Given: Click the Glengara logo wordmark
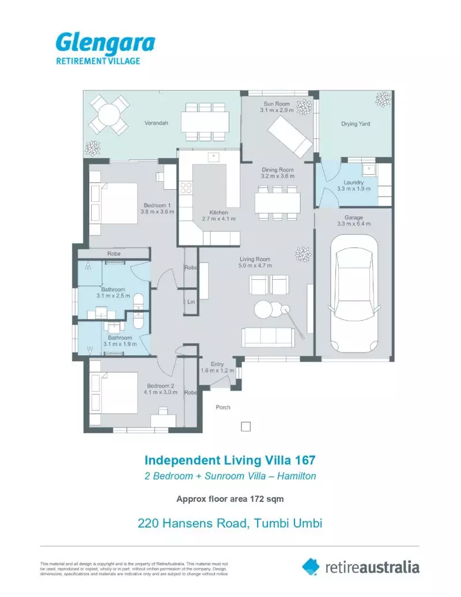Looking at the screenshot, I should [105, 43].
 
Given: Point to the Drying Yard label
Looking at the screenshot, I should [356, 123].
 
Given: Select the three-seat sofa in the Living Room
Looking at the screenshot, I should [267, 337].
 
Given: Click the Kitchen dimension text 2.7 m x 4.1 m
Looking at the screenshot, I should [218, 219].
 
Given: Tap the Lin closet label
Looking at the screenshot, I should [191, 302].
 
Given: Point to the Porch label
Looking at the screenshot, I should [223, 407].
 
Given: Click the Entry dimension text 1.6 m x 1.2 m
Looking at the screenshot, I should [217, 371].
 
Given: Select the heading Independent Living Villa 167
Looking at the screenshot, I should [230, 460].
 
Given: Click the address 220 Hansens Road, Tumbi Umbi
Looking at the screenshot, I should [229, 524].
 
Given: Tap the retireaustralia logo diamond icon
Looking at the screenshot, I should [311, 566].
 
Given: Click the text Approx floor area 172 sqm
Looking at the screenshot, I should [229, 499].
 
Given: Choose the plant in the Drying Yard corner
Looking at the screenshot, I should [383, 100].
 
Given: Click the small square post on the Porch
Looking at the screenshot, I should [245, 427].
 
